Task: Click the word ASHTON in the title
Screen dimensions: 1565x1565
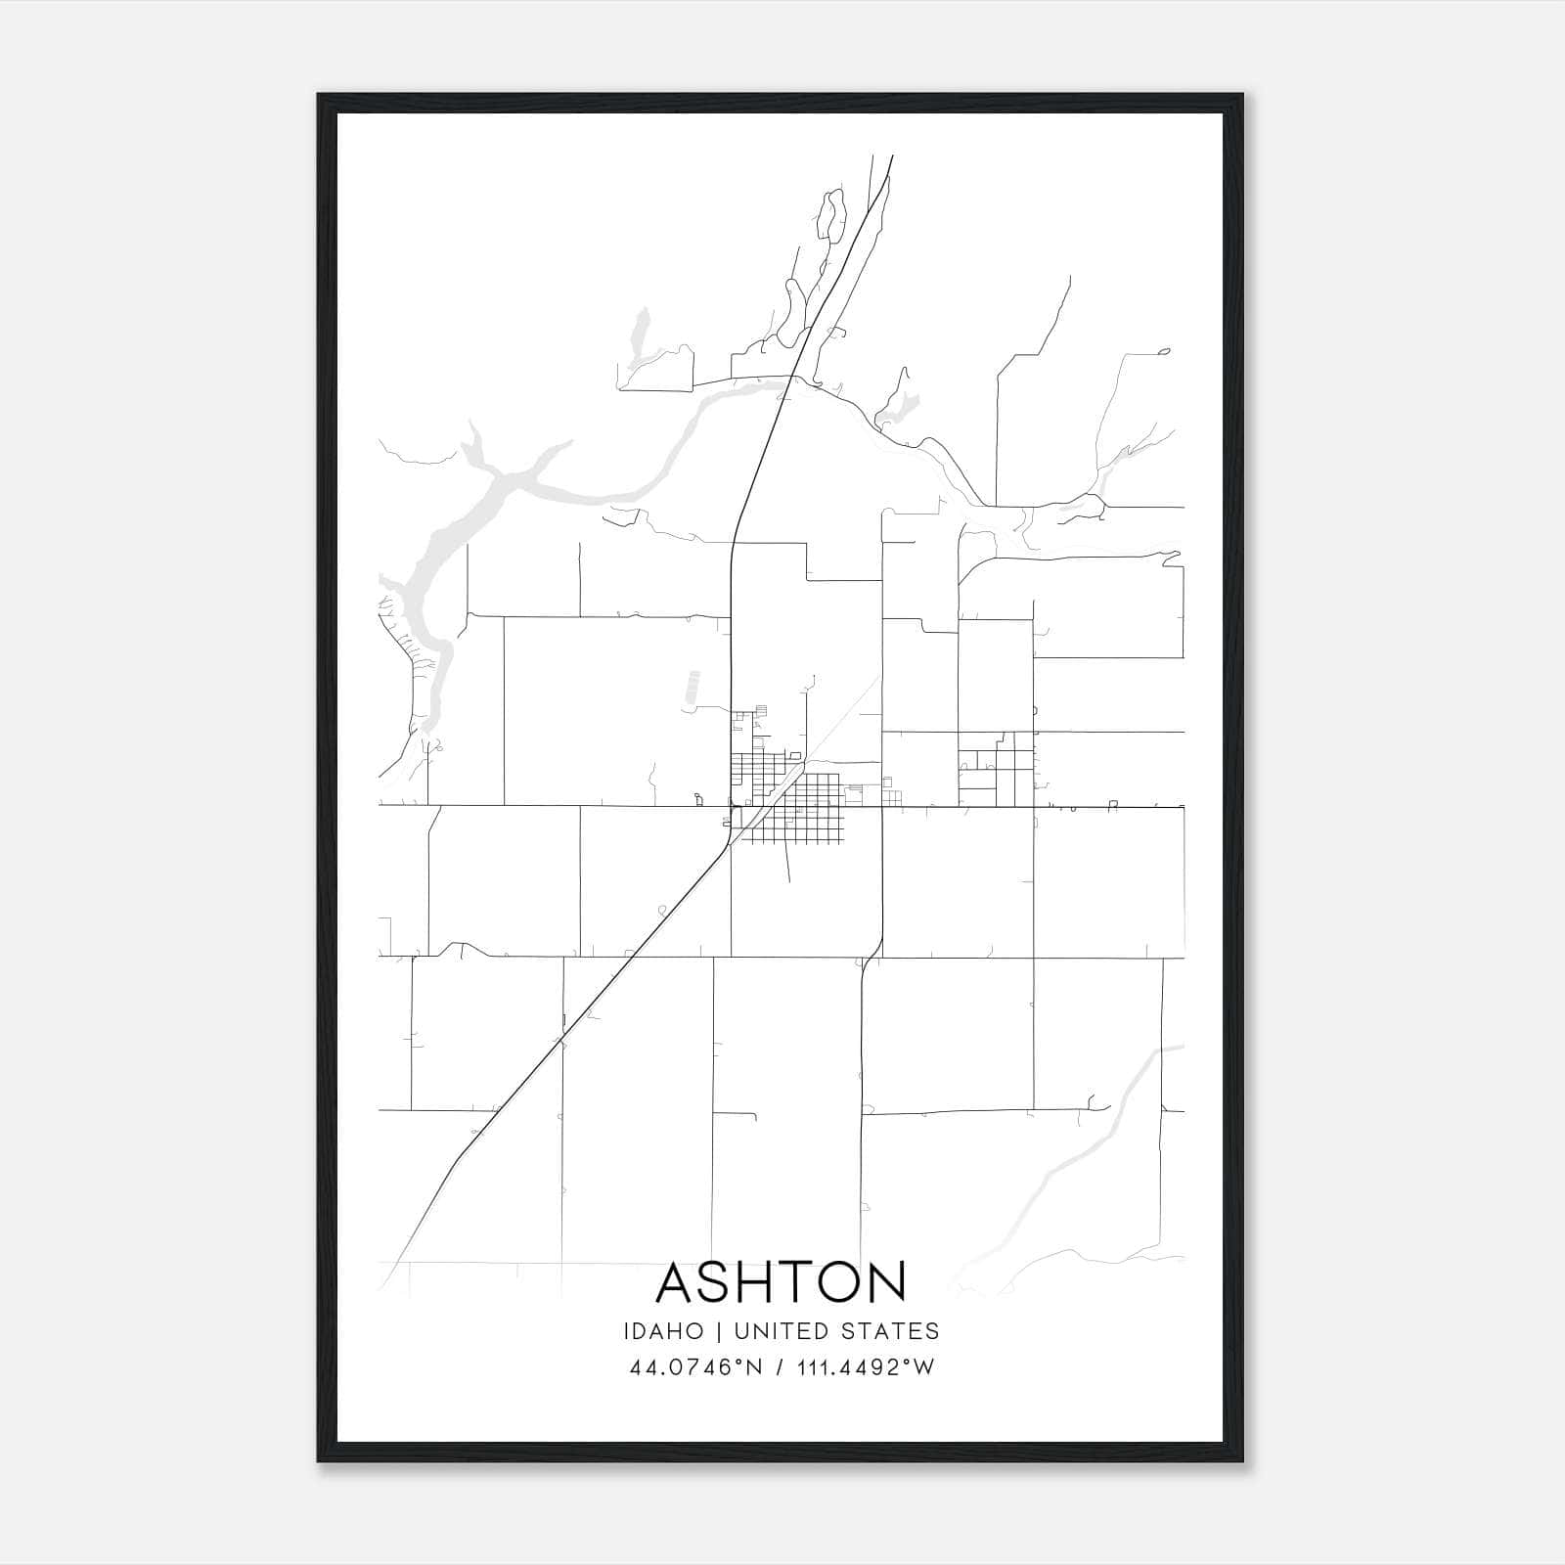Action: coord(782,1282)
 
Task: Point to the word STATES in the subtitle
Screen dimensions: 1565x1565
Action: coord(889,1331)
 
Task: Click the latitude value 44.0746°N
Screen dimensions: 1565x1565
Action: coord(695,1367)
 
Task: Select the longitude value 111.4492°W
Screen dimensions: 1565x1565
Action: coord(866,1367)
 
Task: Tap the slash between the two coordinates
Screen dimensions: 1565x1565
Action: coord(778,1367)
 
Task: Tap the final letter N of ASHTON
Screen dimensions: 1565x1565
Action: coord(888,1282)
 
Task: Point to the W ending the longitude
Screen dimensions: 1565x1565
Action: coord(925,1367)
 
